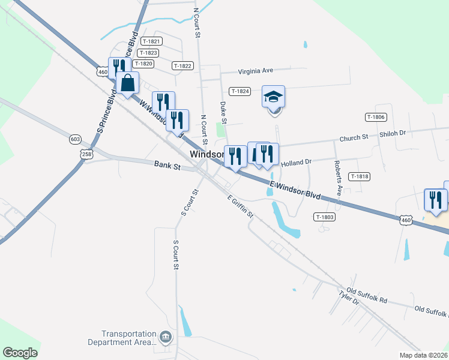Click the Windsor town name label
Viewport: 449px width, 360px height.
coord(207,154)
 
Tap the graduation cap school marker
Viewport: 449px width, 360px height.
coord(273,97)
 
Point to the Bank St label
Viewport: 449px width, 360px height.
coord(167,164)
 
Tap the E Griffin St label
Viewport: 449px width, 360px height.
coord(241,206)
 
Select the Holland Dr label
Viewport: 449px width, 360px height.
coord(297,162)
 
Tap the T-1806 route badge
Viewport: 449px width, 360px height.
coord(375,118)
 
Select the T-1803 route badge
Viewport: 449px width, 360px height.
coord(324,217)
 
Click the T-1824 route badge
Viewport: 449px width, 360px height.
coord(240,91)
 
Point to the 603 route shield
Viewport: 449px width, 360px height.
coord(75,139)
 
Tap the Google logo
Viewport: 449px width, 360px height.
coord(20,353)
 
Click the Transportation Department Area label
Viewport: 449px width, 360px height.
coord(129,338)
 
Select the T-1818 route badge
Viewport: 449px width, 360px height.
coord(359,176)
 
